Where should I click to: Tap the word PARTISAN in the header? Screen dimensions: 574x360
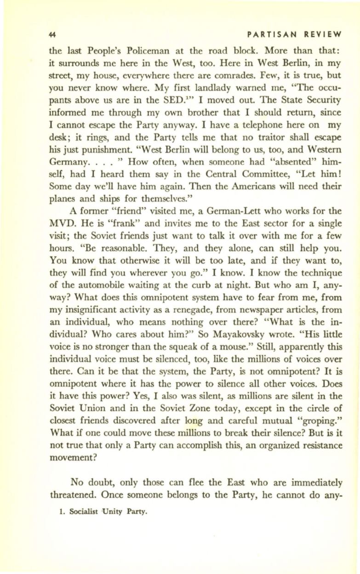click(x=268, y=34)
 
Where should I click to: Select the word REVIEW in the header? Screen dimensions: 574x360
click(x=323, y=34)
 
